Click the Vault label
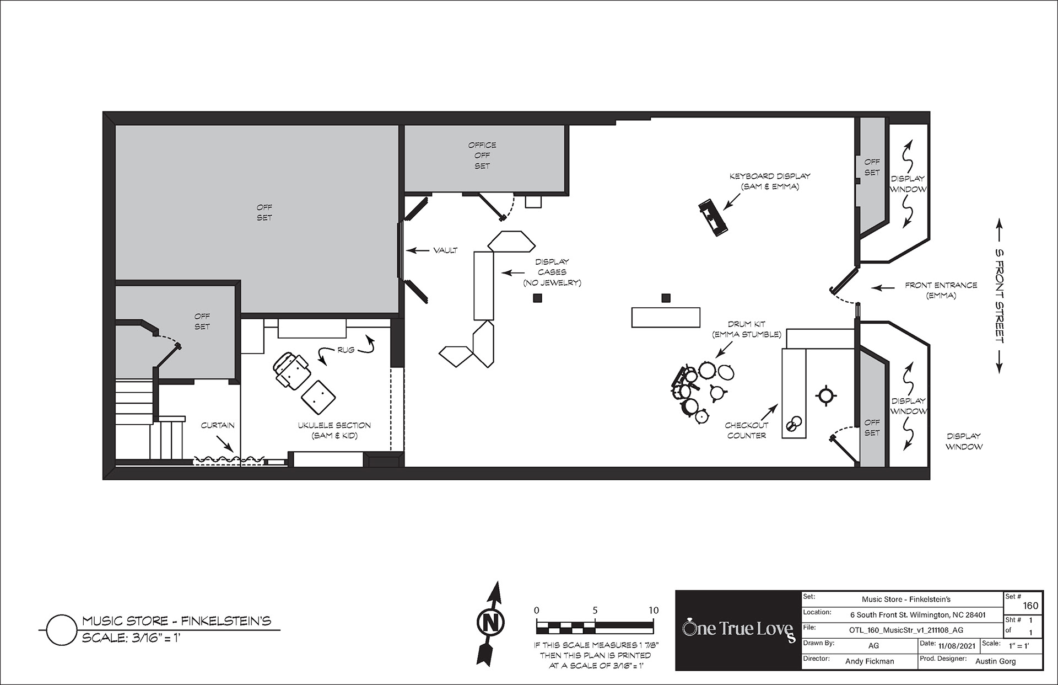point(445,250)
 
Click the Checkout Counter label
point(746,430)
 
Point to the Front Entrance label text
point(941,290)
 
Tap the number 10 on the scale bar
point(653,611)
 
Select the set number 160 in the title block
point(1030,606)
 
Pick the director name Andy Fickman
point(870,661)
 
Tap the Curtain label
point(218,425)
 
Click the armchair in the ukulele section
point(290,370)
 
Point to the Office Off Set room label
point(482,156)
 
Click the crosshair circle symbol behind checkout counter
point(825,395)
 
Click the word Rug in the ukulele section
point(346,350)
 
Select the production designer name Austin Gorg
point(995,661)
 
